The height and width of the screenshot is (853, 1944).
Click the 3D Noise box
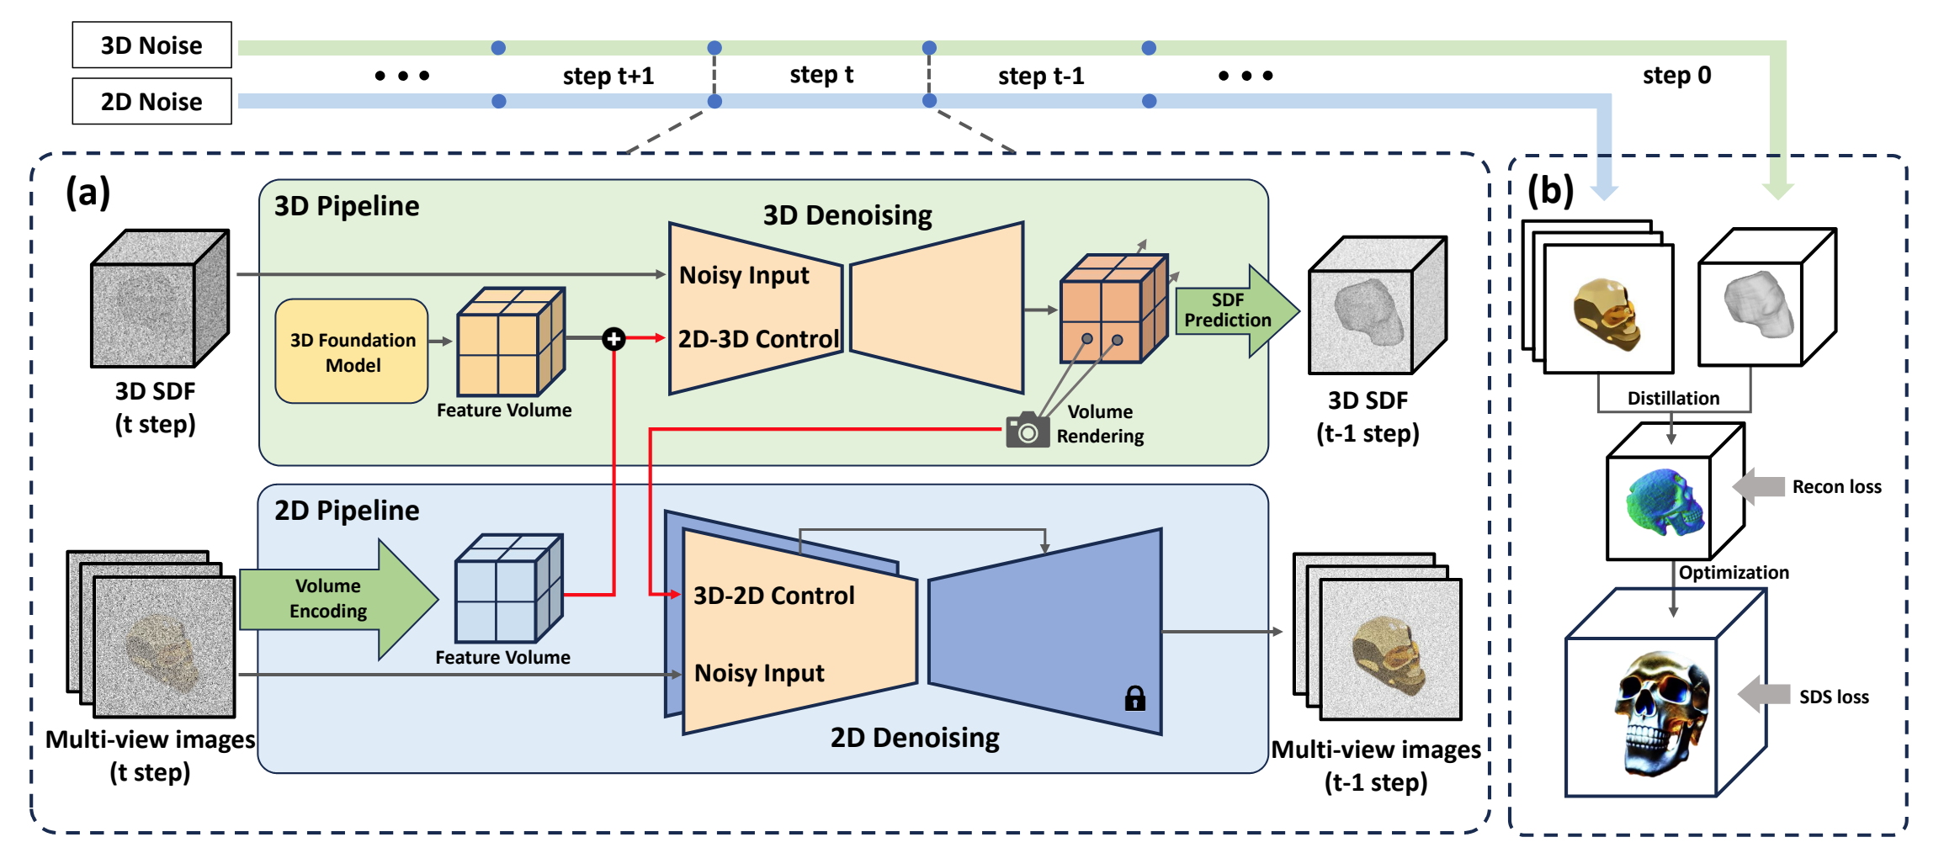click(151, 45)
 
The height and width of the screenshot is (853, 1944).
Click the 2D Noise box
click(151, 102)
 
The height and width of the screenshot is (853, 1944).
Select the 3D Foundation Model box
click(352, 352)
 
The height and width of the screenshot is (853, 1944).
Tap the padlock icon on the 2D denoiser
click(1134, 698)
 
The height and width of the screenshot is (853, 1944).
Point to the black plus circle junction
click(613, 339)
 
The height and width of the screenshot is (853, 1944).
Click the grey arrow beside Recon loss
click(1759, 486)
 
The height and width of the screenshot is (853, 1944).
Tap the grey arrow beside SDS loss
click(1763, 695)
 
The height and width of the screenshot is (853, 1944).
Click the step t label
click(821, 75)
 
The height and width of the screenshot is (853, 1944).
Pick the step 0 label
click(1676, 76)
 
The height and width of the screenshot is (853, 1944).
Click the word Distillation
click(1673, 398)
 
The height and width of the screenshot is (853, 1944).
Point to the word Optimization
click(1734, 573)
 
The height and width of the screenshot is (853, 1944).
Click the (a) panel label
click(88, 193)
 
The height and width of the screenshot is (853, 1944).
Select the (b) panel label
click(1550, 191)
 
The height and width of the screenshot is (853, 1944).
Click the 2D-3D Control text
click(758, 339)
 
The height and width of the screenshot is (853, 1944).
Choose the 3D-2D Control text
click(773, 596)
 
